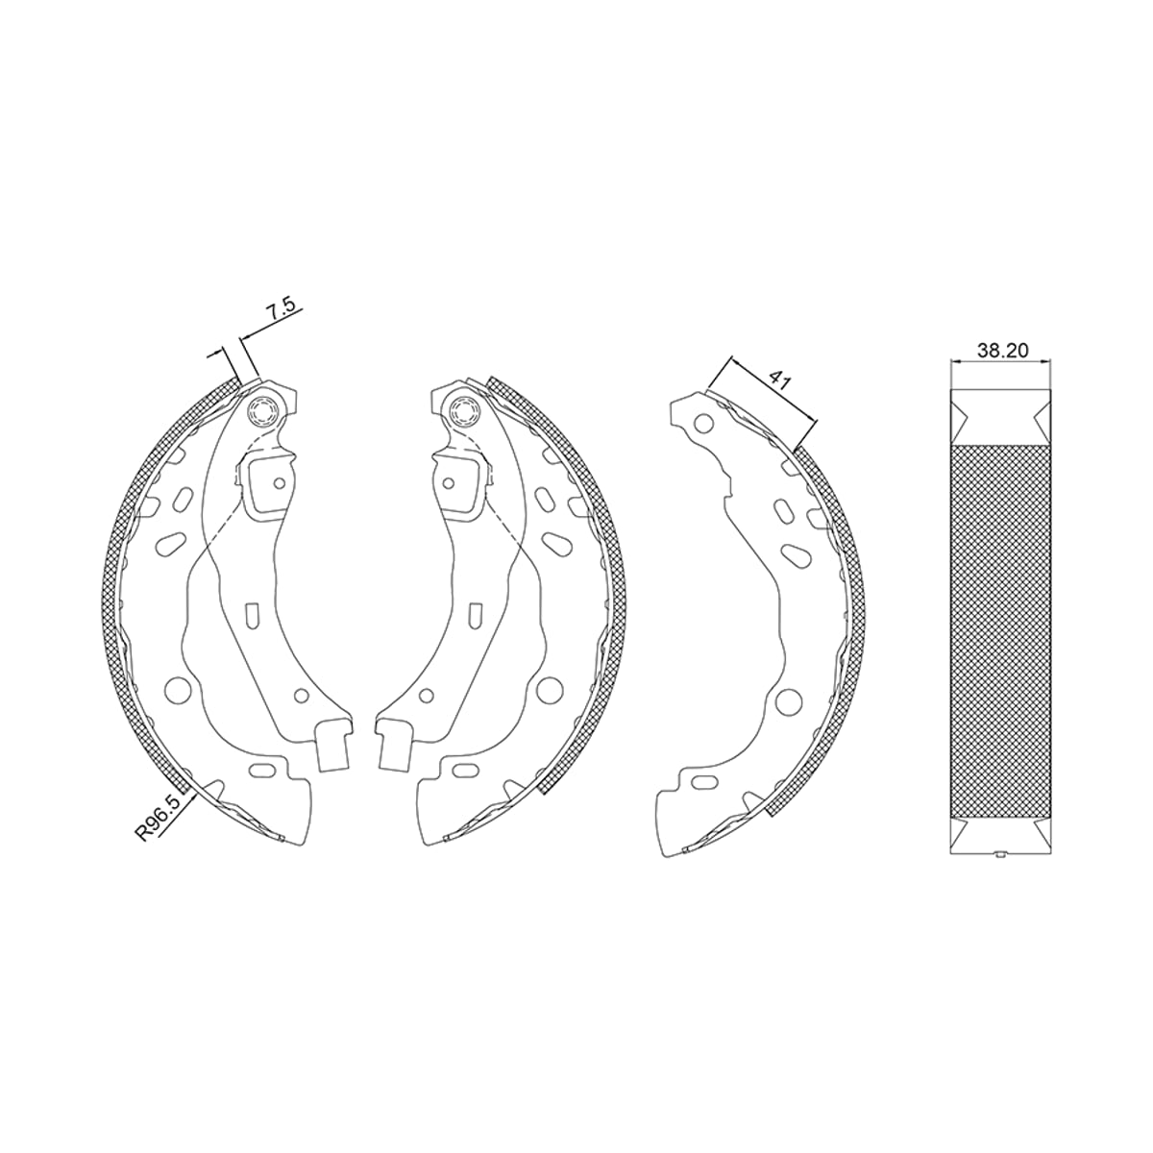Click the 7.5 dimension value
click(282, 309)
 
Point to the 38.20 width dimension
click(1003, 351)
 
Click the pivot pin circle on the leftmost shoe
click(264, 411)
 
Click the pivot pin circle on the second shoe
click(464, 411)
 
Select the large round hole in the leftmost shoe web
click(176, 690)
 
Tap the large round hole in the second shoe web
click(549, 690)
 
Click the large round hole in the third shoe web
click(788, 701)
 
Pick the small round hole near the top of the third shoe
click(704, 424)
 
